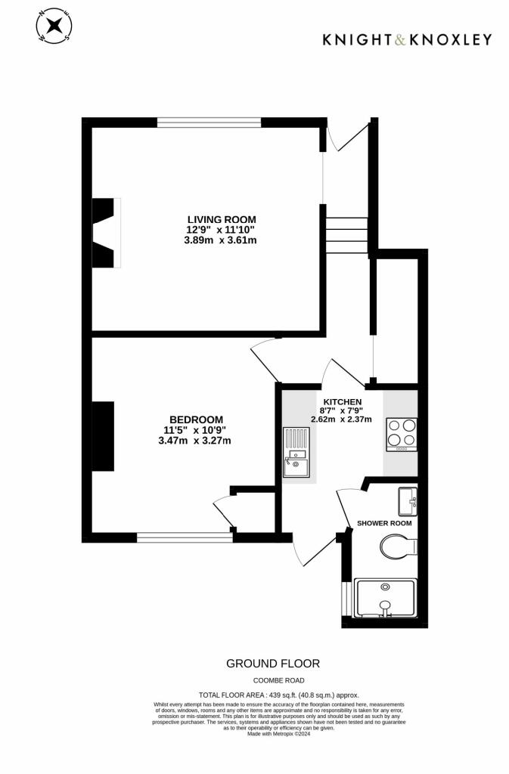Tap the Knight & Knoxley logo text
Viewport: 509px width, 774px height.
pos(407,39)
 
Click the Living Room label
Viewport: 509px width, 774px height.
pos(222,219)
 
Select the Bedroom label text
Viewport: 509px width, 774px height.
pos(196,420)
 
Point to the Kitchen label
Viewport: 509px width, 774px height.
pos(342,401)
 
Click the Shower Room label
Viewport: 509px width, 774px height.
pos(384,523)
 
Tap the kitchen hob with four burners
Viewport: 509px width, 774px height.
pos(402,434)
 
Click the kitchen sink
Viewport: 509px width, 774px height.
pos(296,453)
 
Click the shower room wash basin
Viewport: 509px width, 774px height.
pos(408,499)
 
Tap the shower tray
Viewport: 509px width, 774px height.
pos(386,597)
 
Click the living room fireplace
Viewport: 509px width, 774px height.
pos(106,233)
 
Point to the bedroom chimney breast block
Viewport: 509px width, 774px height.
pos(102,436)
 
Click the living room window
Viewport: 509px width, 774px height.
pos(209,122)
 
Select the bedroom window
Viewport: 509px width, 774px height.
pos(185,538)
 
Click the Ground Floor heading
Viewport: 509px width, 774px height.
pos(273,663)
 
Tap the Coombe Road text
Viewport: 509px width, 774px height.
pos(273,680)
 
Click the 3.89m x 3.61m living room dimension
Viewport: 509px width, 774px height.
pos(221,240)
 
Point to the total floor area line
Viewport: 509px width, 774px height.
pos(278,695)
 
